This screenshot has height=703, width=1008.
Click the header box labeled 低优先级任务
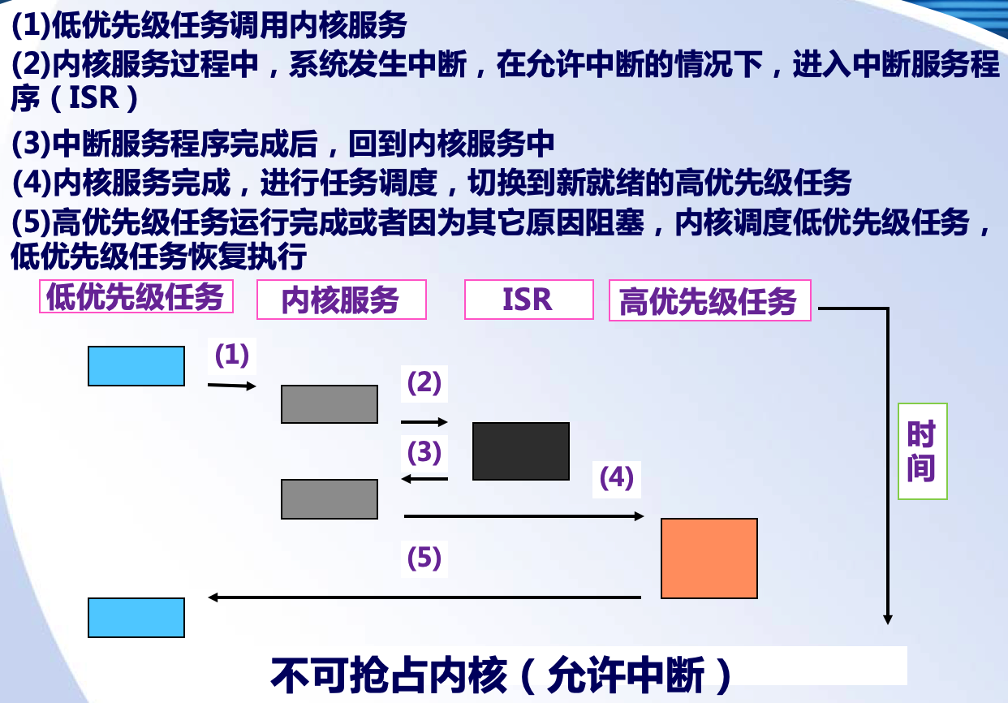[136, 297]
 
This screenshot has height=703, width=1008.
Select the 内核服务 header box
[341, 300]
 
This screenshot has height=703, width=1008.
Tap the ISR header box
[528, 300]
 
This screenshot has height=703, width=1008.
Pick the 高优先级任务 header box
[709, 301]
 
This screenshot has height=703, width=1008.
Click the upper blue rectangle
[136, 366]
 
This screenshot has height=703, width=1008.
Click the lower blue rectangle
[136, 618]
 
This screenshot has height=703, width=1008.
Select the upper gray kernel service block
[330, 404]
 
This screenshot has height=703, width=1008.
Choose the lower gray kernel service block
[330, 499]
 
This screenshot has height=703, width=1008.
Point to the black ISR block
[521, 451]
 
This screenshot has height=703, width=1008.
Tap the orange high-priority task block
[709, 559]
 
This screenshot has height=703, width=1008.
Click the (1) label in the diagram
[231, 355]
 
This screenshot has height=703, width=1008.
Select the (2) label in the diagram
[424, 382]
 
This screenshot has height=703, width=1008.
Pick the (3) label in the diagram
[424, 451]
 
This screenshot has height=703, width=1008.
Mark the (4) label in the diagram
[617, 479]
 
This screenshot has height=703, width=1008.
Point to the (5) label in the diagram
[424, 558]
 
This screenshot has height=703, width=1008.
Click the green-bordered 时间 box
[922, 451]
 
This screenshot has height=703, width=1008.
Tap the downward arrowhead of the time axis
[888, 619]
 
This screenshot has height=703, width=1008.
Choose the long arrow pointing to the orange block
[523, 516]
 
